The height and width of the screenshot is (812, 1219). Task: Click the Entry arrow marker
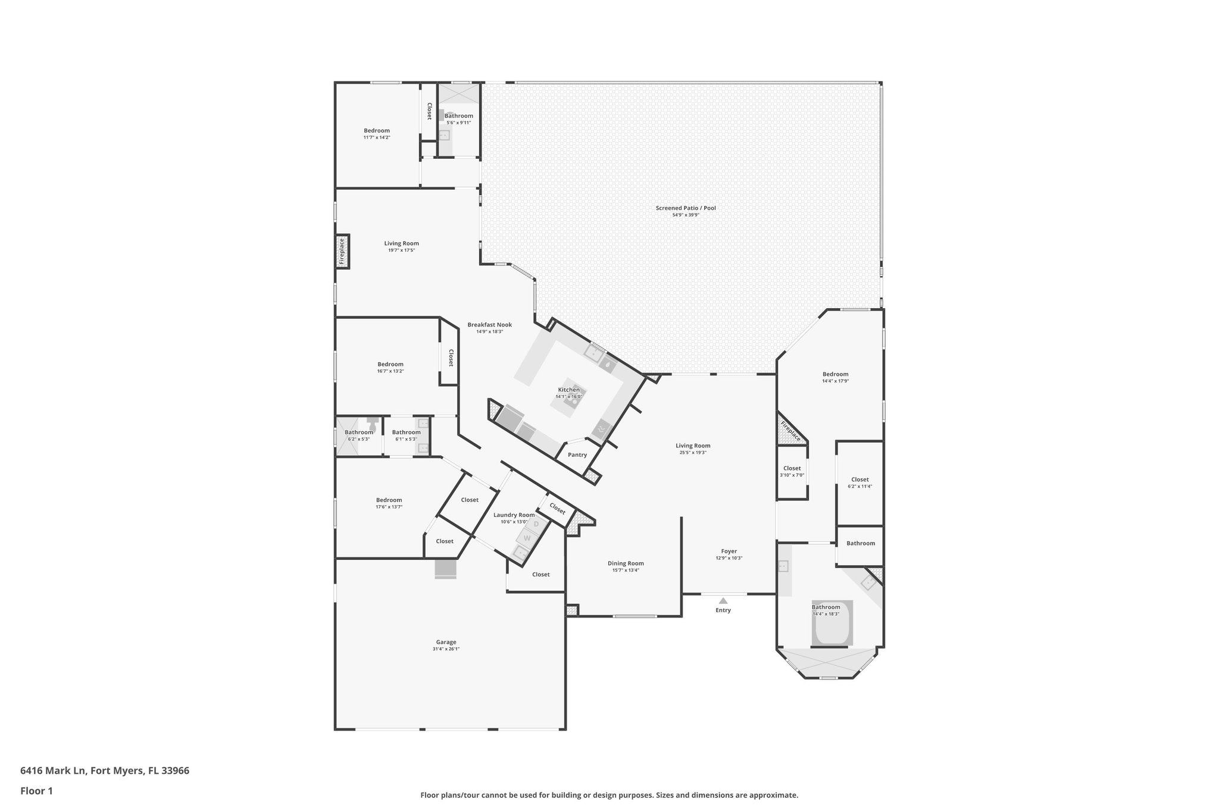click(x=723, y=601)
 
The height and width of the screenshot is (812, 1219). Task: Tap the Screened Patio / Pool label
click(x=686, y=208)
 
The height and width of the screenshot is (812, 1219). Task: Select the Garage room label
click(x=446, y=642)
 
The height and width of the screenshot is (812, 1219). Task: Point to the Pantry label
click(x=577, y=454)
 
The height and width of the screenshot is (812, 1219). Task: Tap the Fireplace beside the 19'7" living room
click(x=342, y=251)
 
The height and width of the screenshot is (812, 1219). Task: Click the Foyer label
click(x=729, y=551)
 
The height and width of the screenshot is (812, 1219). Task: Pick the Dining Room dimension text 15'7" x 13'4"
click(x=626, y=570)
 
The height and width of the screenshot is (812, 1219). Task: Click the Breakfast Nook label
click(x=489, y=325)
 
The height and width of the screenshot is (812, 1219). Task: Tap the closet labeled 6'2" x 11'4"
click(x=859, y=482)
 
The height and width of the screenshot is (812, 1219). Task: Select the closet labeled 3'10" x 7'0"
click(x=792, y=471)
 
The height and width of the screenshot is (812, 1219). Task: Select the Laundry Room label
click(x=514, y=515)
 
